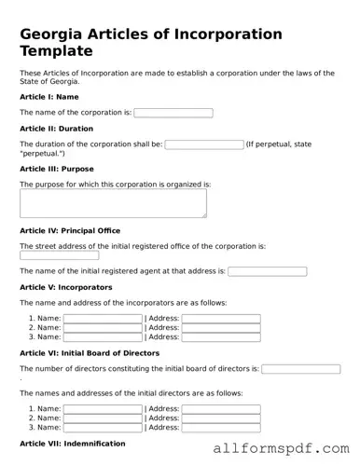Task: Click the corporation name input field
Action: pos(173,113)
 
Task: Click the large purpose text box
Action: pos(113,204)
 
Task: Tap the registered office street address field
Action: pos(59,254)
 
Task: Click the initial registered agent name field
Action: pos(267,271)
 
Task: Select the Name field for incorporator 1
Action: pos(103,319)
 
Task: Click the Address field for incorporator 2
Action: pos(221,328)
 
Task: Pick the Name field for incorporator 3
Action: pos(103,336)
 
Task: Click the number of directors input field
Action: pos(300,369)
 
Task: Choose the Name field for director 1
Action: pos(103,409)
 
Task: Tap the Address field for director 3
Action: pos(221,428)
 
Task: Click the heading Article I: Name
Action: pos(48,96)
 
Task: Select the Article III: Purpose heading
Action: pos(56,169)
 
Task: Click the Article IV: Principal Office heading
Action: pos(69,230)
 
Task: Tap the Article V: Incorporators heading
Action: pos(65,287)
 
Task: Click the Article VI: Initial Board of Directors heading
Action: pos(90,353)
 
